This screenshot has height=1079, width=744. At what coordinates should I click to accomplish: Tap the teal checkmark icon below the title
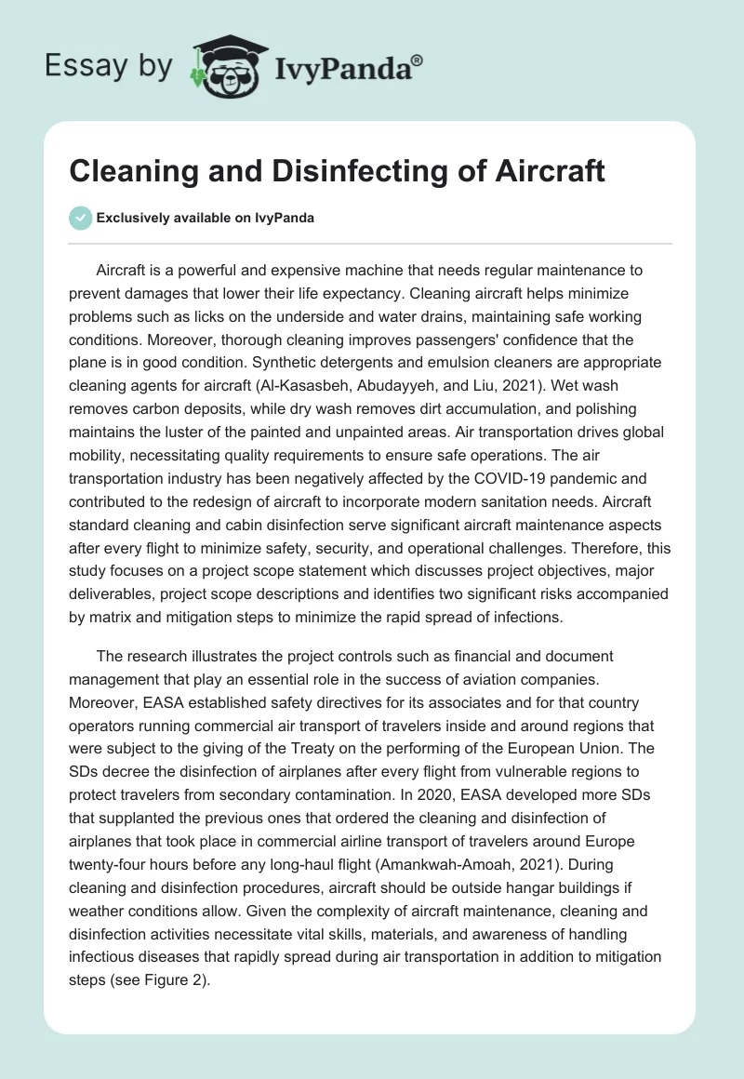[x=80, y=218]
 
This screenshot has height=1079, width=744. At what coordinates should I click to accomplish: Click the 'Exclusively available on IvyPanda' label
[x=206, y=218]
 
